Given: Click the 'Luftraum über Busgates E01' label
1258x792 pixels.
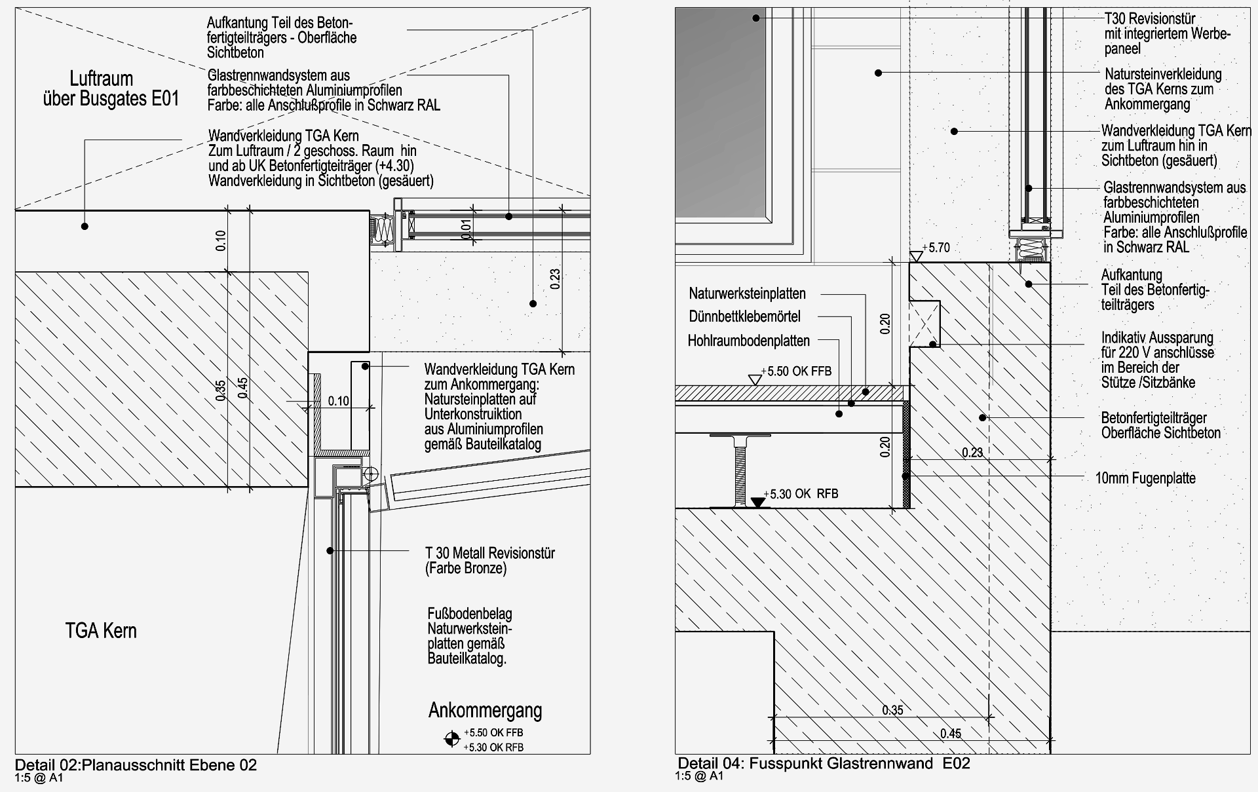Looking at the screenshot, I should click(111, 89).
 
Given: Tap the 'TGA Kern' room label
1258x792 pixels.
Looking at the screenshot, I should click(101, 631).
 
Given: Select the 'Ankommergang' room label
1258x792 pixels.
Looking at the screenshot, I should click(485, 710).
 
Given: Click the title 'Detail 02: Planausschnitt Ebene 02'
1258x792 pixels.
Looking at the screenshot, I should click(136, 764).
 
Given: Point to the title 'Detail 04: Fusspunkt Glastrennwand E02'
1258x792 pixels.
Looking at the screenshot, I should click(824, 763).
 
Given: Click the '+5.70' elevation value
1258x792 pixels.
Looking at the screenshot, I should click(936, 248).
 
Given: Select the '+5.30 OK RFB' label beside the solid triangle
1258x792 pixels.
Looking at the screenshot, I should click(804, 494).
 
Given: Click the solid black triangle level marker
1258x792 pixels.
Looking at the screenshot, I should click(758, 502).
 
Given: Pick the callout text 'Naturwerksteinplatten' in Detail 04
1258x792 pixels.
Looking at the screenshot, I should click(747, 293).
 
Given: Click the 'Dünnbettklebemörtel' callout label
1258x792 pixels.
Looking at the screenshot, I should click(744, 317).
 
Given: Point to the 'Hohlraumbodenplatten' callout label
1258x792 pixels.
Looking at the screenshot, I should click(748, 341).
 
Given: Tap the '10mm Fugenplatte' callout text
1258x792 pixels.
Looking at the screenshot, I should click(1145, 478).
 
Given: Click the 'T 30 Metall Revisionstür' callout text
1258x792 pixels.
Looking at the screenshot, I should click(490, 553).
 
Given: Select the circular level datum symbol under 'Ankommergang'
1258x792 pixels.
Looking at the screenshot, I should click(451, 740).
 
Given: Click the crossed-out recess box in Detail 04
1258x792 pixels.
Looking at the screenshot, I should click(924, 323).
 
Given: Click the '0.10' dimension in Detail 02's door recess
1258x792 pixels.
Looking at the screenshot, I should click(338, 401).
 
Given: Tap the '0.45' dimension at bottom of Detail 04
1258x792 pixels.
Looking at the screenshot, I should click(951, 734).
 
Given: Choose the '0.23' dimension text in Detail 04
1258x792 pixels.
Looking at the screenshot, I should click(972, 452).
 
